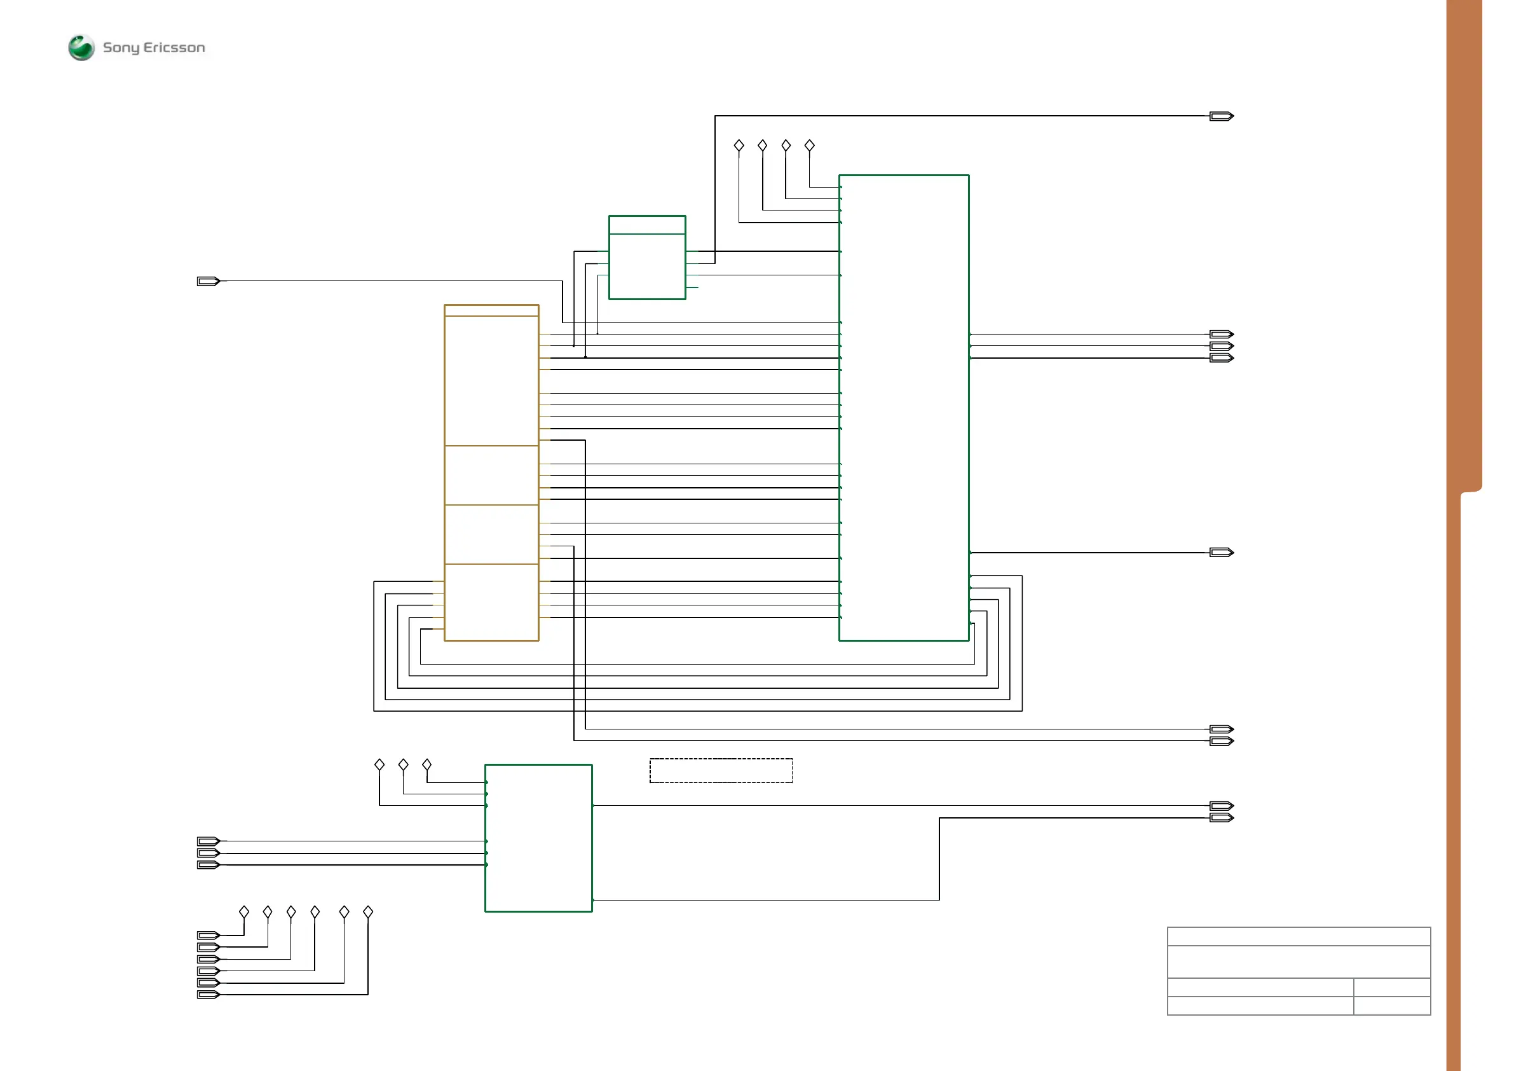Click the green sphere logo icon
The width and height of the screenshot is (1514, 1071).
click(81, 48)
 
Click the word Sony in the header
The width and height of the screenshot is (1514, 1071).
click(121, 48)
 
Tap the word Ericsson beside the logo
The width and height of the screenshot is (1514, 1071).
click(174, 48)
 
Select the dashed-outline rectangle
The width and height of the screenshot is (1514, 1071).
click(721, 770)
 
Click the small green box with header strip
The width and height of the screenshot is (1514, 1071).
click(647, 258)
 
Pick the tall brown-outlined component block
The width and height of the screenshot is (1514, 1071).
click(491, 473)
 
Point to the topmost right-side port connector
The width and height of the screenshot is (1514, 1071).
click(1221, 116)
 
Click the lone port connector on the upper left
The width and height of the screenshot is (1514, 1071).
click(208, 281)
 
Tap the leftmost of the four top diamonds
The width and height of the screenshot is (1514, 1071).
click(739, 145)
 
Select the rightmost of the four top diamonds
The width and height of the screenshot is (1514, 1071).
click(810, 145)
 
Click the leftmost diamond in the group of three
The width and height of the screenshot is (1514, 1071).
click(379, 764)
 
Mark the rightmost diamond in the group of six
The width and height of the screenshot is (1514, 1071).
click(368, 912)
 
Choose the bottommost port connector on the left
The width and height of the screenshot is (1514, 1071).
click(208, 995)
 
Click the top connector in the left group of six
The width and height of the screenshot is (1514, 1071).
click(208, 935)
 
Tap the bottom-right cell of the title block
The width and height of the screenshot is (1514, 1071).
click(1391, 1005)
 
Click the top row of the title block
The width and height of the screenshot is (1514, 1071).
click(1299, 936)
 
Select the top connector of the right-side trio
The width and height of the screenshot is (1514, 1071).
click(1221, 335)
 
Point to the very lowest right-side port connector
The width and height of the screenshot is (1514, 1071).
click(1221, 818)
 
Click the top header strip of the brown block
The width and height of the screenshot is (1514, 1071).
click(491, 310)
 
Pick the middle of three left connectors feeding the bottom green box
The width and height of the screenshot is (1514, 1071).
click(208, 853)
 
